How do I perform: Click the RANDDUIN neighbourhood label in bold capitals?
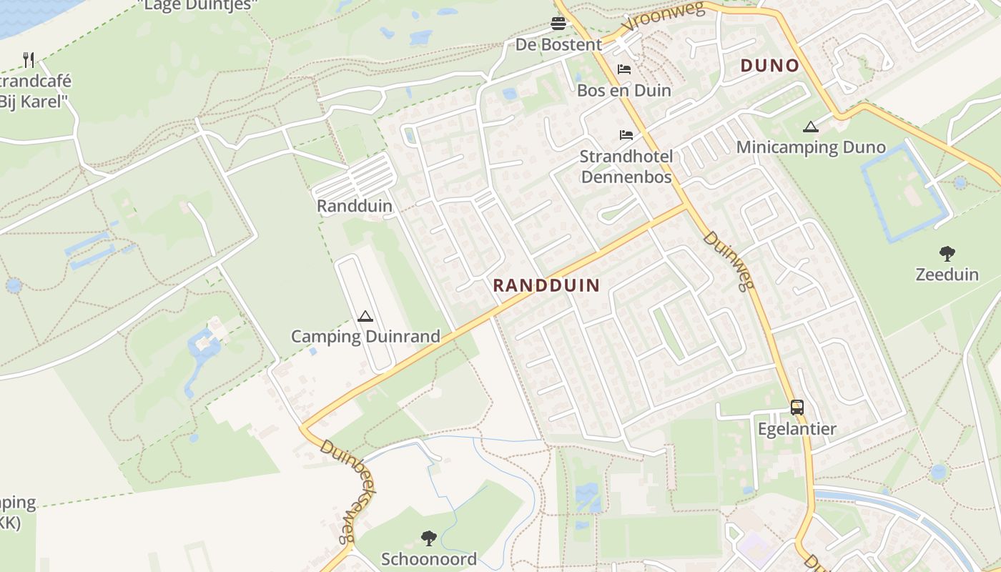pos(546,285)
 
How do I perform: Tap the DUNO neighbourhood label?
pos(769,66)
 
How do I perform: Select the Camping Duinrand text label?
pos(365,336)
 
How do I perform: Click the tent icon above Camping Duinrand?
pos(365,316)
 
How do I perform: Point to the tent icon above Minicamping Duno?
pos(810,127)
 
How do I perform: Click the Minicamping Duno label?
pos(811,148)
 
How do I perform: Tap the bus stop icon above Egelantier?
pos(797,408)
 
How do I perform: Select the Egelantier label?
pos(797,430)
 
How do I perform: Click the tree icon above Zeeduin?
pos(947,253)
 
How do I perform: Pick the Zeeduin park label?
pos(947,275)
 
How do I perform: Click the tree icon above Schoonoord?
pos(429,538)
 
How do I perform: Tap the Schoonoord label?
pos(429,559)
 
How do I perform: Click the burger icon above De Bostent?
pos(558,24)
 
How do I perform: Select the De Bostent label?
pos(558,44)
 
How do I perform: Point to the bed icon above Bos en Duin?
pos(624,69)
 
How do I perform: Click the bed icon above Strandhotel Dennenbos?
pos(626,134)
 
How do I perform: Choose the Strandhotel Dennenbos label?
pos(626,166)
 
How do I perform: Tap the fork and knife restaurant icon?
pos(29,59)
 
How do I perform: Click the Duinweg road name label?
pos(729,260)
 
